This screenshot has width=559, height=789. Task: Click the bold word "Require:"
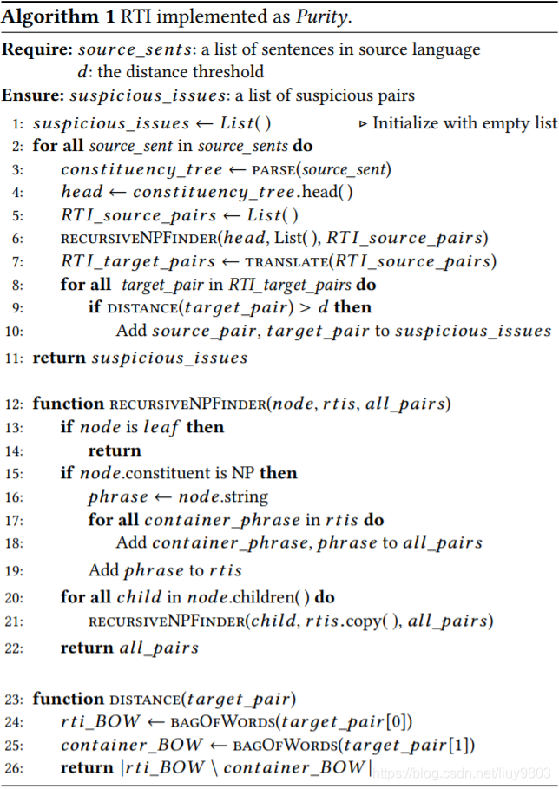tap(36, 50)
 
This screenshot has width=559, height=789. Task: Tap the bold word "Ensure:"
tap(32, 95)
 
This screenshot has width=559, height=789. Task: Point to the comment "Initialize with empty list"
tap(464, 123)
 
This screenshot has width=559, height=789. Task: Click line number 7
tap(19, 260)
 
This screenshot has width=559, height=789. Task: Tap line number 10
tap(16, 331)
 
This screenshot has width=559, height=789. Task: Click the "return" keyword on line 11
tap(59, 357)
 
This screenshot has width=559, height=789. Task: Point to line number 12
tap(16, 404)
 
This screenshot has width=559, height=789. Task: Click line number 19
tap(16, 570)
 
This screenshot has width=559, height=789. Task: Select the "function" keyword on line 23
tap(69, 699)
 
